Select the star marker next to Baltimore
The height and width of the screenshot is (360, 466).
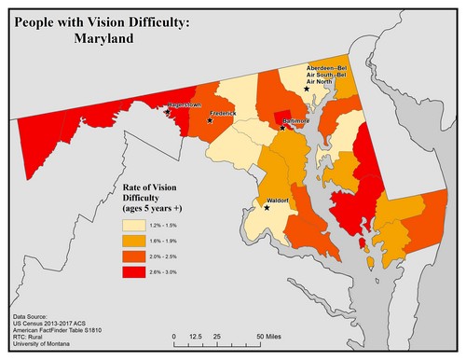[x=283, y=128]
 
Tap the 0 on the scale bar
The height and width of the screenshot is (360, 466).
[x=173, y=336]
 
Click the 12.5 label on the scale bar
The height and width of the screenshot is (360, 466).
[x=196, y=336]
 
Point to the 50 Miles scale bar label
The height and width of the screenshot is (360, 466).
[x=270, y=336]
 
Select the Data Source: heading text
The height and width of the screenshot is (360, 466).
[x=34, y=318]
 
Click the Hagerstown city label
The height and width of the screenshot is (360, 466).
[x=185, y=105]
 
